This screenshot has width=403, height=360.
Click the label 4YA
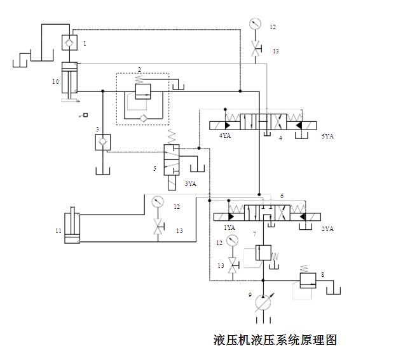[226, 136]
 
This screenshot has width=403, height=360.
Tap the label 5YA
[328, 136]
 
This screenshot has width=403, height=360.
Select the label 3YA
[190, 183]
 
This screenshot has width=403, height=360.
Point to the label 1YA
[229, 227]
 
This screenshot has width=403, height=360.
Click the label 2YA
[327, 228]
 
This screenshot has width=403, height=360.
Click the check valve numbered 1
[69, 43]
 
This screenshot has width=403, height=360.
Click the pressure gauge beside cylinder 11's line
[158, 203]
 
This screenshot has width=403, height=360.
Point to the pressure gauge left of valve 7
[233, 241]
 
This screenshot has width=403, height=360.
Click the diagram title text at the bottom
[275, 340]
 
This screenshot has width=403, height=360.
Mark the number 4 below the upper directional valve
[280, 137]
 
